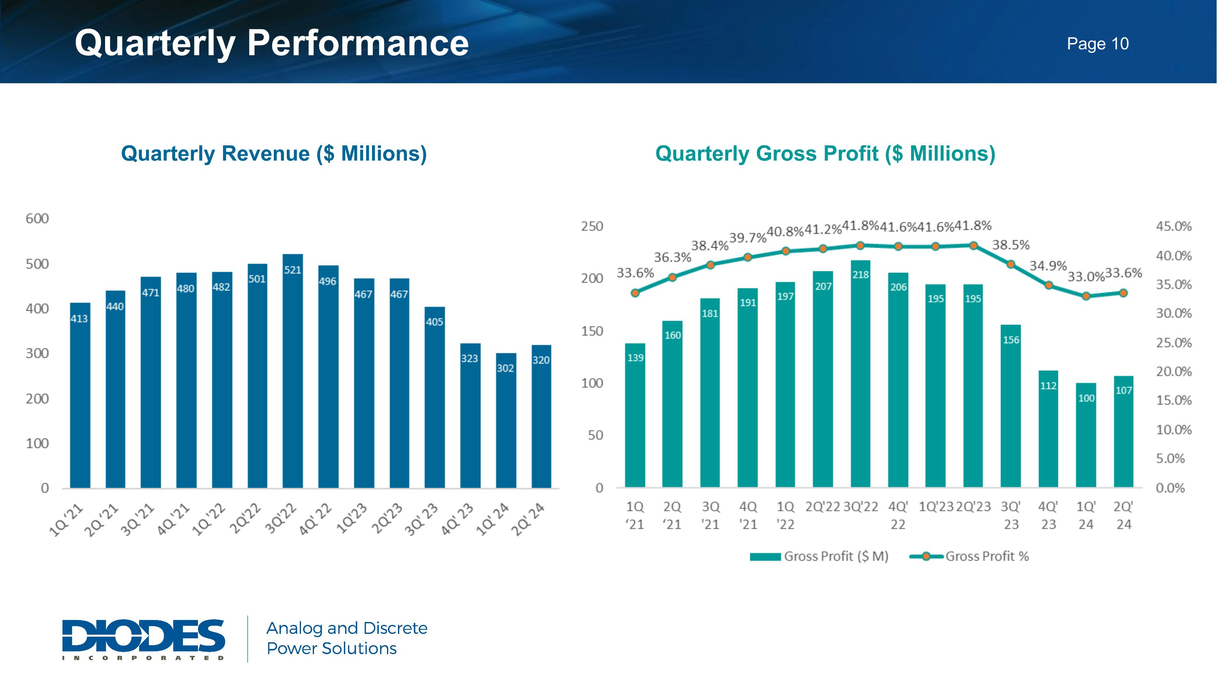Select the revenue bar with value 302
[505, 420]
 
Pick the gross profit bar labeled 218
[860, 374]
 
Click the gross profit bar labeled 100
[1086, 435]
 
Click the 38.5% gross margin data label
[1011, 245]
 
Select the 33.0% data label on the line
[1086, 277]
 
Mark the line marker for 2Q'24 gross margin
[1123, 293]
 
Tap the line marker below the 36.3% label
[673, 277]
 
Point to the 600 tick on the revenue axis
[37, 218]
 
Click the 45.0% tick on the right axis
[1174, 227]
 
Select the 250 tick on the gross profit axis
[592, 227]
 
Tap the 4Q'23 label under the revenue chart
[457, 520]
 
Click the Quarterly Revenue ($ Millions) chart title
[274, 153]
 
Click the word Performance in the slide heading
[358, 43]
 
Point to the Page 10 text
[1097, 44]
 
